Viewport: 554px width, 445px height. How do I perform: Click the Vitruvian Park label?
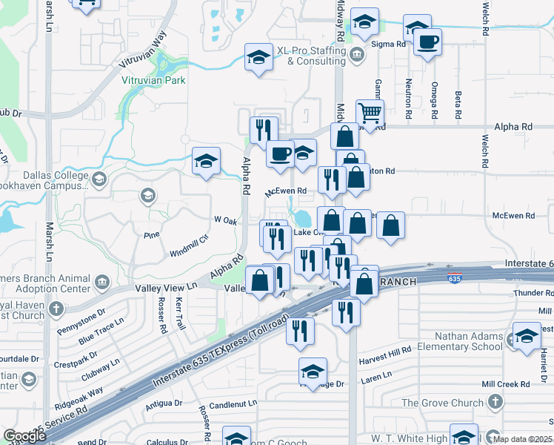coord(153,80)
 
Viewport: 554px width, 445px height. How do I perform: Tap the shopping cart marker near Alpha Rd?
coord(369,113)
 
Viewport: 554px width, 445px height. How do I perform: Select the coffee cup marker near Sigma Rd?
coord(427,42)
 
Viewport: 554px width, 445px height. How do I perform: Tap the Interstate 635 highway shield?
coord(453,279)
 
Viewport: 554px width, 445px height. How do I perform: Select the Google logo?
coord(24,436)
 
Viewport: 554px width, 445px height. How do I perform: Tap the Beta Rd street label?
coord(458,106)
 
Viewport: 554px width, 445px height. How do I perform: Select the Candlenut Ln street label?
coord(233,405)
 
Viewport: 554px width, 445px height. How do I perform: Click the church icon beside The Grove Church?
coord(494,403)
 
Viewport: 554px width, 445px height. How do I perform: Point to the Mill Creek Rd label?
coord(505,384)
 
